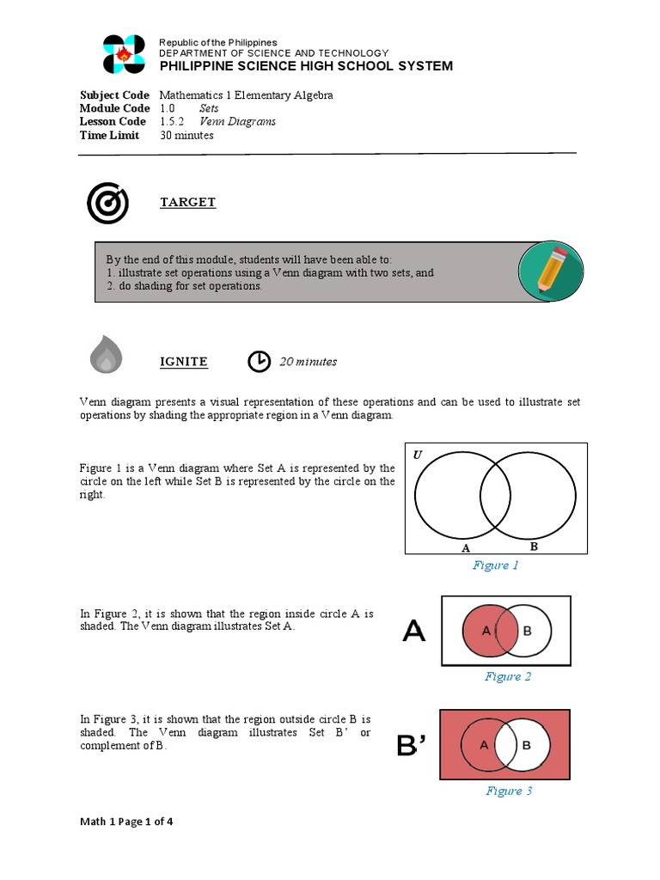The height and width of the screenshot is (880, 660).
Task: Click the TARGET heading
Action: (187, 202)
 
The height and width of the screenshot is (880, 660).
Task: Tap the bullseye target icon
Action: (107, 203)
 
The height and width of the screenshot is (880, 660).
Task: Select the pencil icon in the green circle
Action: (552, 271)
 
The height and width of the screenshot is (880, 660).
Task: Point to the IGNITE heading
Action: (184, 362)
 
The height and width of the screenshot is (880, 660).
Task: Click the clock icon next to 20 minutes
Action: (258, 362)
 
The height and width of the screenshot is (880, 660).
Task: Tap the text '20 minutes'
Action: (308, 362)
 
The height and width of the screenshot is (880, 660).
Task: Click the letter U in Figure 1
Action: (418, 455)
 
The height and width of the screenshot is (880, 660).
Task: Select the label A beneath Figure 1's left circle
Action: (465, 547)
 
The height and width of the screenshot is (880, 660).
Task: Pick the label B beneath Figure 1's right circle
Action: (533, 546)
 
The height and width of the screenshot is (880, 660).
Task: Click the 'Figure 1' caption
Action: (496, 565)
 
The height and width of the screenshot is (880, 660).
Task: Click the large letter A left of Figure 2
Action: (413, 632)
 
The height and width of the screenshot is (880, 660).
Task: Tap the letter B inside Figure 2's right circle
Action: (528, 631)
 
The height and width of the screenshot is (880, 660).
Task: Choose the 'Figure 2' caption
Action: (508, 676)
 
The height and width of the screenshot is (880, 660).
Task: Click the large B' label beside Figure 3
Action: (412, 746)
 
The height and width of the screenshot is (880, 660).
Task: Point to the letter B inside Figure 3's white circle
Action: (527, 745)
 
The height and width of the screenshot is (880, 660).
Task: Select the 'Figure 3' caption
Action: (509, 791)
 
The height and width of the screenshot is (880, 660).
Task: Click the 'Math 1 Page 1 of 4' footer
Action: (126, 822)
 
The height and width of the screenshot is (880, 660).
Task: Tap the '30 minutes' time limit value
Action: (186, 135)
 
